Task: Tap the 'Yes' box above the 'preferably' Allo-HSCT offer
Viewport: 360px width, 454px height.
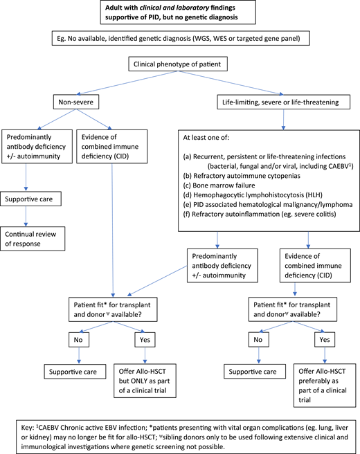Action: pos(323,340)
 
